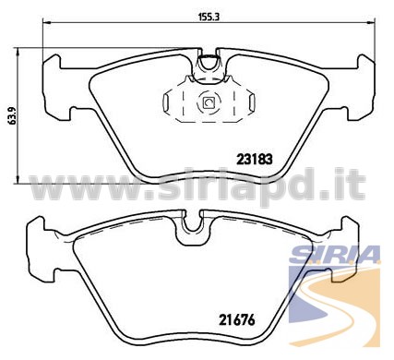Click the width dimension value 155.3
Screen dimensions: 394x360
[x=209, y=18]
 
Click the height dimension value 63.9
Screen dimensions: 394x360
[x=12, y=115]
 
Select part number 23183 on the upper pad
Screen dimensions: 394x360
[x=255, y=160]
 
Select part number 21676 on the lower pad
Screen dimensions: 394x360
[x=237, y=320]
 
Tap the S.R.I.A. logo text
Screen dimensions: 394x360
[x=335, y=255]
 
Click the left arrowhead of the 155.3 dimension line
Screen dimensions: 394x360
[x=46, y=22]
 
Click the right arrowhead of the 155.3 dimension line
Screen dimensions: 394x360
[x=372, y=22]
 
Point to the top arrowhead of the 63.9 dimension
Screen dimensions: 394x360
[x=18, y=52]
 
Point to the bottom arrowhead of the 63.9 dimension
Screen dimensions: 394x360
[x=18, y=180]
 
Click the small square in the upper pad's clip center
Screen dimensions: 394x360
[x=209, y=102]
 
